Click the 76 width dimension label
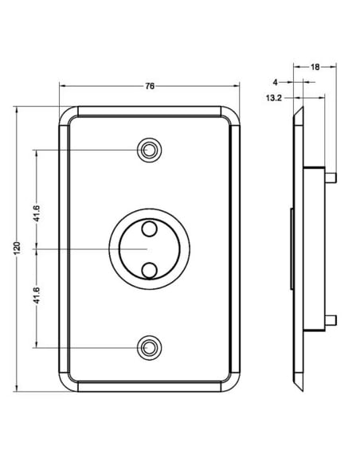(150, 78)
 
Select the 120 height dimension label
(17, 249)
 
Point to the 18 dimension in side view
(315, 68)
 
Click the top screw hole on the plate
(149, 150)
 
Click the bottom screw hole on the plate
(149, 348)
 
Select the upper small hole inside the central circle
(149, 230)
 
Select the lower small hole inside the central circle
(149, 269)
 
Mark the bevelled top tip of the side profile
(298, 115)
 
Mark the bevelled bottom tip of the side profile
(298, 384)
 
